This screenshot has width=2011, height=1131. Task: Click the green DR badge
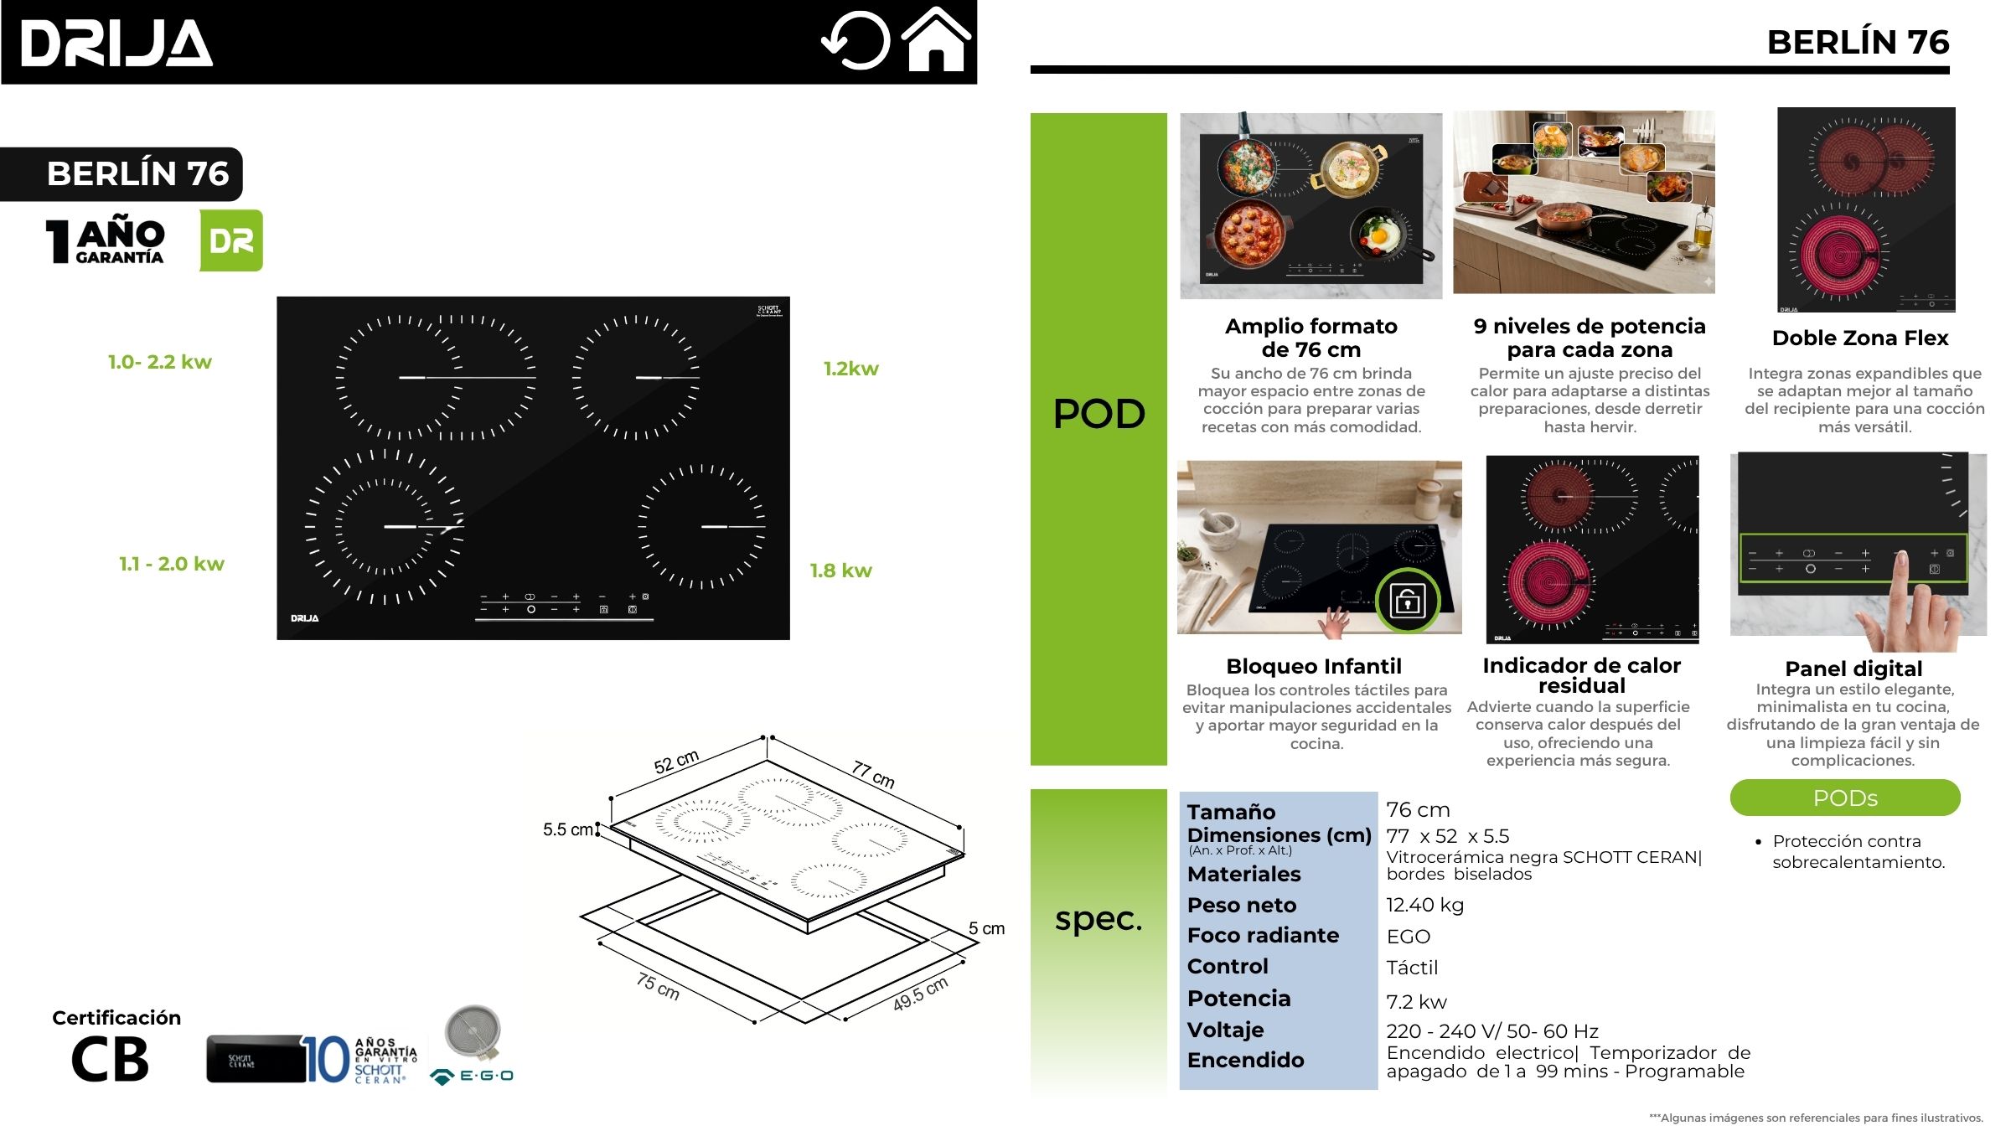tap(231, 240)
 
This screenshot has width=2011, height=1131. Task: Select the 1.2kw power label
tap(850, 369)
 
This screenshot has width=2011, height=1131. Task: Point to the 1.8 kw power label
tap(840, 571)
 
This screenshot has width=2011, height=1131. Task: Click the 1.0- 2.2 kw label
tap(159, 362)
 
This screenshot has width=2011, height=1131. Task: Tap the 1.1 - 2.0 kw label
tap(172, 564)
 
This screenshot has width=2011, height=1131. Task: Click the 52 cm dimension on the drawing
tap(676, 762)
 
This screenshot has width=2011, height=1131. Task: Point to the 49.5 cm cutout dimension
tap(920, 994)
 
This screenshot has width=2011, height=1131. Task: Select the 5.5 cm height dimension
tap(568, 829)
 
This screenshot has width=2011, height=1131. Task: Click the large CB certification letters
tap(110, 1060)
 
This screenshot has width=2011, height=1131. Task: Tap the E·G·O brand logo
tap(473, 1076)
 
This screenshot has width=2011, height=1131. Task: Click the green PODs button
tap(1845, 798)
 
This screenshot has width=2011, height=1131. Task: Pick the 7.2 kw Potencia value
tap(1416, 1002)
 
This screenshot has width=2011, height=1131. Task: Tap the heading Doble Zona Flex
tap(1860, 338)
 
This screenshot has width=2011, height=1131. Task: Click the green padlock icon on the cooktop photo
tap(1408, 600)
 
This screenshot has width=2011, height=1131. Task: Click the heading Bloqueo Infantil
tap(1313, 666)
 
